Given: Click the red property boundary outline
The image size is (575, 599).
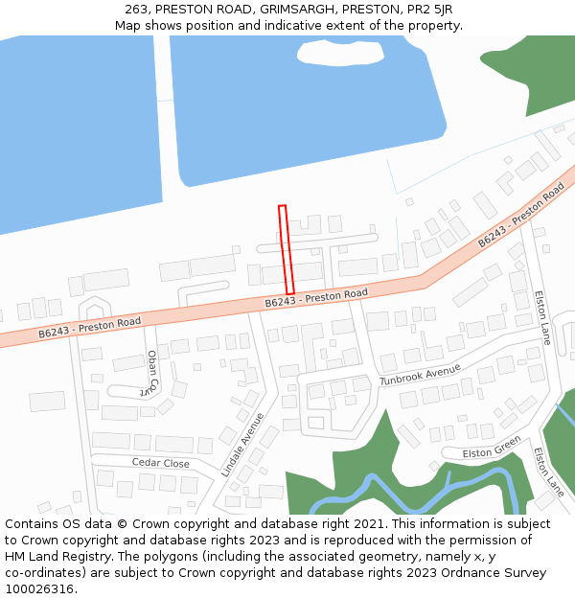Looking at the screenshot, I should click(x=286, y=249).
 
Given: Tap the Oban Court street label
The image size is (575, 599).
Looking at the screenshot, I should click(x=151, y=372).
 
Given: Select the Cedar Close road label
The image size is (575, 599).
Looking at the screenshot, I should click(x=160, y=463).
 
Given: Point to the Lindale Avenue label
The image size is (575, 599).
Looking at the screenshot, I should click(x=241, y=445).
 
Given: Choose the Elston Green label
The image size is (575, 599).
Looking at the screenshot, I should click(x=492, y=447).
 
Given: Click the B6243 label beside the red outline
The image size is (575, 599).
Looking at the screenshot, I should click(x=316, y=298).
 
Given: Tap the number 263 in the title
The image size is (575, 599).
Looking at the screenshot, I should click(x=136, y=9).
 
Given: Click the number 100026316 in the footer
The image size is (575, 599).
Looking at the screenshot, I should click(x=37, y=589).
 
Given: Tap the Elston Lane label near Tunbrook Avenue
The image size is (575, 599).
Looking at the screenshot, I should click(x=542, y=317).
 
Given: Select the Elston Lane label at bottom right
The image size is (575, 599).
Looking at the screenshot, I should click(x=549, y=471).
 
